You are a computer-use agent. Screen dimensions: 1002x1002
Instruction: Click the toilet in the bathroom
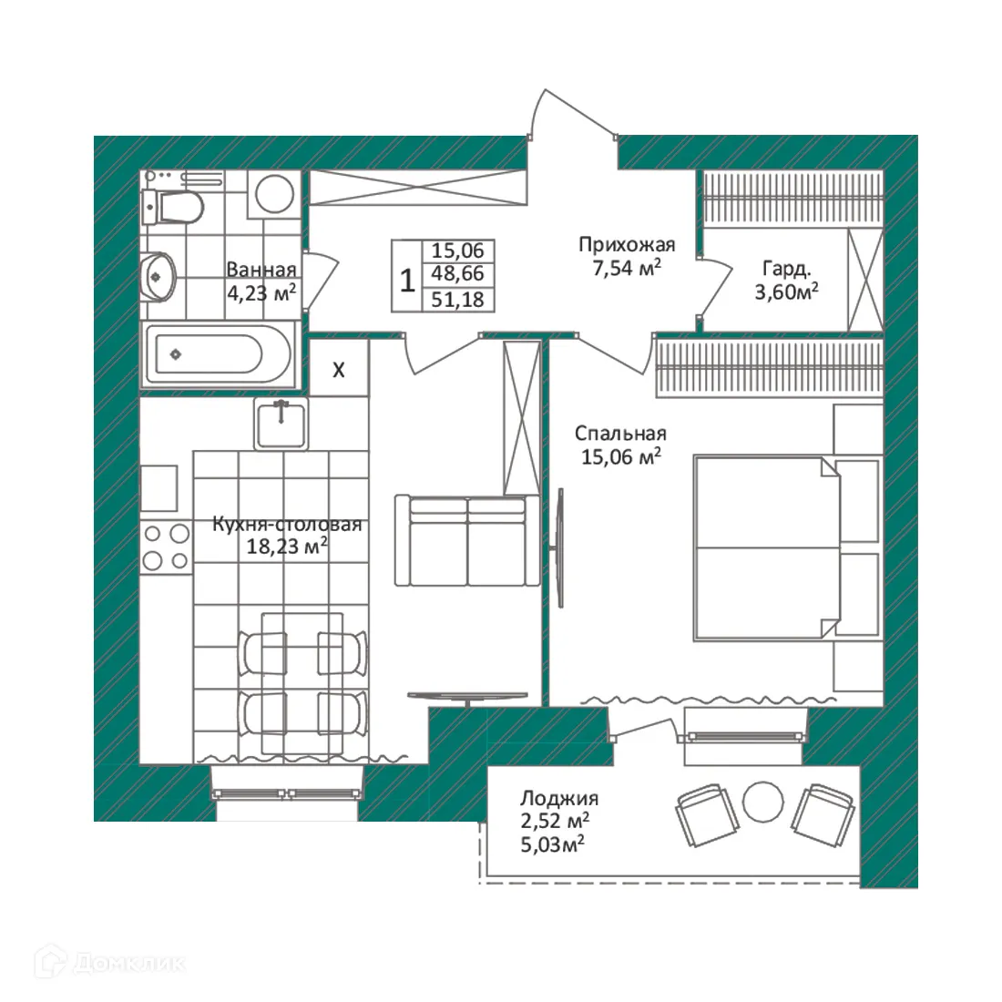tap(174, 207)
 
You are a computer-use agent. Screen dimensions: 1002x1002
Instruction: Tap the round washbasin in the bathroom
tap(161, 274)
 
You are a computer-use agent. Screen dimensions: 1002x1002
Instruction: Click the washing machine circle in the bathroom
tap(273, 193)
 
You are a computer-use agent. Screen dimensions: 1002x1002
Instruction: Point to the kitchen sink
tap(281, 424)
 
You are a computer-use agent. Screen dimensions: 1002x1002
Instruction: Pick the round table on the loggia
tap(762, 802)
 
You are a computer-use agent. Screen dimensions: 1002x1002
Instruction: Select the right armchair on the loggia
tap(824, 811)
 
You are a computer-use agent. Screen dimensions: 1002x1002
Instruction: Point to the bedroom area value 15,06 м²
tap(620, 456)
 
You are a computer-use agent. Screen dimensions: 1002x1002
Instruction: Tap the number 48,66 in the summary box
tap(457, 274)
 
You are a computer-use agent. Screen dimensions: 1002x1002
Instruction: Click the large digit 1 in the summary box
tap(407, 278)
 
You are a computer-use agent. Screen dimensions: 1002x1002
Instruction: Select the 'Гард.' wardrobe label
tap(787, 269)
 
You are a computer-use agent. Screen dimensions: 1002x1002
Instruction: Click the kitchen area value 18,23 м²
tap(287, 546)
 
